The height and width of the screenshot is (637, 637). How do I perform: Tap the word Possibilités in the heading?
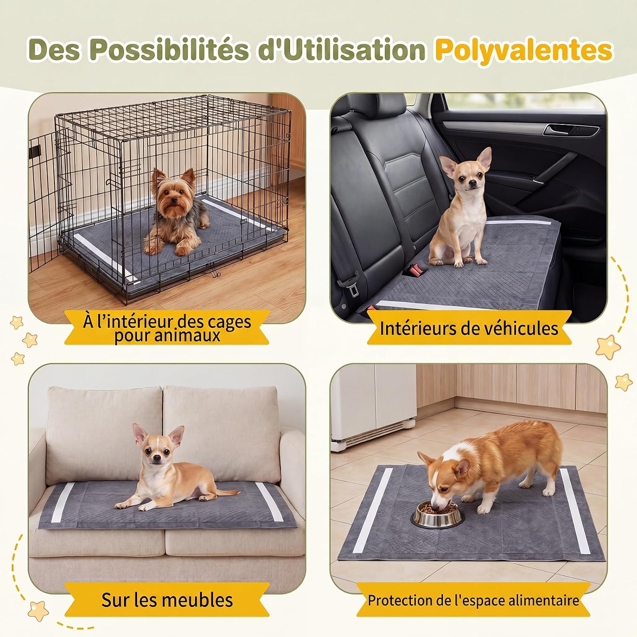click(x=169, y=50)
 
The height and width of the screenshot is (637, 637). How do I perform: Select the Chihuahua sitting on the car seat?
click(x=460, y=207)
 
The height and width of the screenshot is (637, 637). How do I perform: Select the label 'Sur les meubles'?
click(x=167, y=600)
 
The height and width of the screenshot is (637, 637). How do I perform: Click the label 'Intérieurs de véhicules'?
click(x=469, y=328)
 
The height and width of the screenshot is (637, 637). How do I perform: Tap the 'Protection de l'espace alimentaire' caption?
click(x=474, y=600)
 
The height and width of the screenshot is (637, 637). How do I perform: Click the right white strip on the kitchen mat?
click(x=575, y=511)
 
